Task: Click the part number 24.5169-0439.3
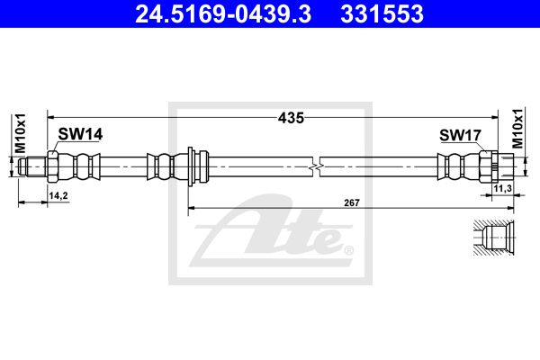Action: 223,13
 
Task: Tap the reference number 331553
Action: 382,13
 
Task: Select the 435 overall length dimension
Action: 291,118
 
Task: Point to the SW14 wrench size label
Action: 80,134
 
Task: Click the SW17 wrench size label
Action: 460,135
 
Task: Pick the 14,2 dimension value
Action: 58,195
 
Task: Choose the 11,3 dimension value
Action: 503,188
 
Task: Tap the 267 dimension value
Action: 352,202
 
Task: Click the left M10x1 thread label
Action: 21,133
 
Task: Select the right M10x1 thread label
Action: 517,128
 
